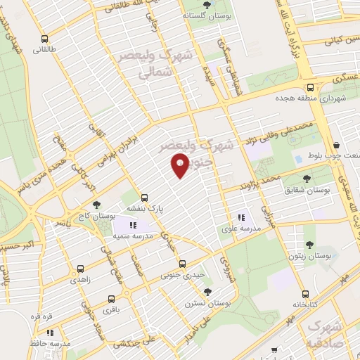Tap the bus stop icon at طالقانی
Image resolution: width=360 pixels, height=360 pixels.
pos(46,39)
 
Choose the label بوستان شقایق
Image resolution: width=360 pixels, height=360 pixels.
pos(307,190)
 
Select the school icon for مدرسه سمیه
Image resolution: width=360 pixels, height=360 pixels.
pos(133,225)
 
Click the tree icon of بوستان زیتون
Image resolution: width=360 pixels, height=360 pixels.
pos(309,245)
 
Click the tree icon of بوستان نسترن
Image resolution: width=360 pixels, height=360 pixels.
pos(207,291)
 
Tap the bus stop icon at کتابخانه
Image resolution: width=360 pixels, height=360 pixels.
pos(303,295)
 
